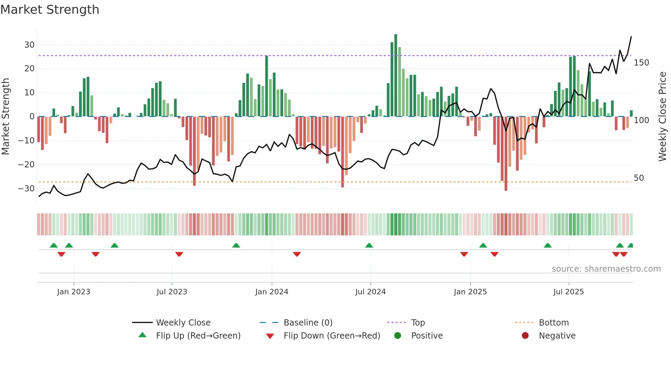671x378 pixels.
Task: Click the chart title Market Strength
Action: tap(50, 10)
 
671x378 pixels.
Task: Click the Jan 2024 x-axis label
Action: tap(271, 292)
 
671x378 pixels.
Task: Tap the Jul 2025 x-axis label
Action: tap(568, 292)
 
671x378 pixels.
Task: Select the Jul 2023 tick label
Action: tap(172, 292)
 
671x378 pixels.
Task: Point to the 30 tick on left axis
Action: tap(29, 45)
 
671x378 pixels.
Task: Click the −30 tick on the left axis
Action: tap(26, 189)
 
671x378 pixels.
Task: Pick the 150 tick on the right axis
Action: tap(641, 63)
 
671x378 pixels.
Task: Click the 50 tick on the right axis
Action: tap(638, 178)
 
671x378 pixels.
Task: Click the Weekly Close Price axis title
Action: tap(662, 117)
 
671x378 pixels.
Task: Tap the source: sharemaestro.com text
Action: tap(606, 269)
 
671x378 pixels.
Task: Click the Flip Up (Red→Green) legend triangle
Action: tap(142, 335)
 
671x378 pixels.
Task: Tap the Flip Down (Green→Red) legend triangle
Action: tap(270, 336)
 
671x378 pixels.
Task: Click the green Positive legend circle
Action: tap(397, 336)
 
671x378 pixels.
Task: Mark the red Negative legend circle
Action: tap(525, 336)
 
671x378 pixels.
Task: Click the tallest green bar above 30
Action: tap(396, 75)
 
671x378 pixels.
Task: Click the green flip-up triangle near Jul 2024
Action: tap(369, 246)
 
